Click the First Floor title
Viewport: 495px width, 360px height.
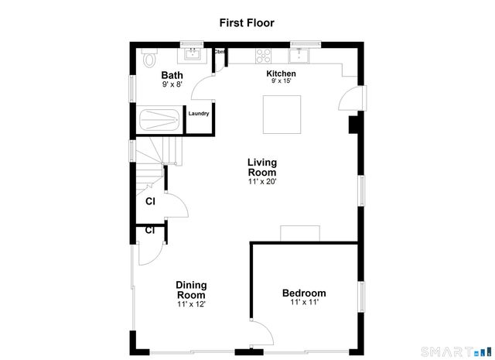coord(247,22)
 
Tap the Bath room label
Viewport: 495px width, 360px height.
coord(172,75)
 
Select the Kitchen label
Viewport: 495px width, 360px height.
coord(282,74)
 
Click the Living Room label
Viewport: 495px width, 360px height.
coord(261,167)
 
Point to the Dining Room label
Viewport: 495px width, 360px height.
coord(190,290)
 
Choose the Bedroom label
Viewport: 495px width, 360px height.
coord(303,293)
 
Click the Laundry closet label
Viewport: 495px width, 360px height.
coord(199,114)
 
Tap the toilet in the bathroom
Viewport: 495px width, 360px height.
coord(149,58)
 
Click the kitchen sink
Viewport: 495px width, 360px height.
coord(300,55)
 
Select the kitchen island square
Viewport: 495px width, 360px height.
coord(282,114)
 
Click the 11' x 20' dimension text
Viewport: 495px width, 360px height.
coord(261,182)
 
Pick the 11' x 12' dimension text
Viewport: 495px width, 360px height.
coord(190,304)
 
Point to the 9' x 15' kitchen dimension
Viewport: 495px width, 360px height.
coord(282,81)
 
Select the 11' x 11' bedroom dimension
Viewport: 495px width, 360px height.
coord(303,302)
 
